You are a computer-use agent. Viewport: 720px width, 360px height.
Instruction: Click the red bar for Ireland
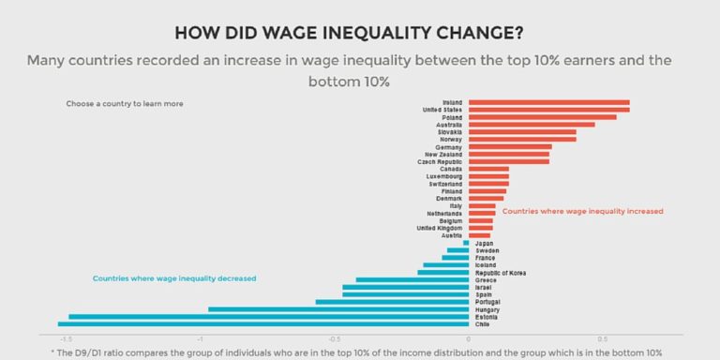coord(548,102)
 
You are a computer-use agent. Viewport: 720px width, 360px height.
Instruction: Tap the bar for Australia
coord(531,125)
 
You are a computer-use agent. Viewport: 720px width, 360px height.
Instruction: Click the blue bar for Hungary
coord(337,309)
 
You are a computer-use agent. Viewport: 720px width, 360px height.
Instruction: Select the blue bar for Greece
coord(412,280)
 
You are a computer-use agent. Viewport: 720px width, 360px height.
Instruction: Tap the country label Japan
coord(485,244)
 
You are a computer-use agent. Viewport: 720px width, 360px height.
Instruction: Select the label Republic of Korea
coord(501,273)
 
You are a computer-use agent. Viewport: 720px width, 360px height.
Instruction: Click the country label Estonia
coord(487,317)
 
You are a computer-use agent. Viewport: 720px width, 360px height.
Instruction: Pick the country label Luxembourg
coord(443,176)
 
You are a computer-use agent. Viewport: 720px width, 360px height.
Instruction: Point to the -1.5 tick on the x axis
coord(66,340)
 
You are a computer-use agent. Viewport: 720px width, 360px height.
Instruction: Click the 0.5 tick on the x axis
coord(602,340)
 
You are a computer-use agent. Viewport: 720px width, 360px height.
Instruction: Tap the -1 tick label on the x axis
coord(200,340)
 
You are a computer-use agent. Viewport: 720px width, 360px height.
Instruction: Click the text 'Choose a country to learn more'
coord(125,103)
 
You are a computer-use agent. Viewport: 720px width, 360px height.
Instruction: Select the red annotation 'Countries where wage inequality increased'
coord(582,212)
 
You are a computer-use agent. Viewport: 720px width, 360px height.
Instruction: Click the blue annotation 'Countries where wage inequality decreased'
coord(174,278)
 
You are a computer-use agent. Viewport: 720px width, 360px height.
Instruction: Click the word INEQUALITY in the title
coord(393,34)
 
